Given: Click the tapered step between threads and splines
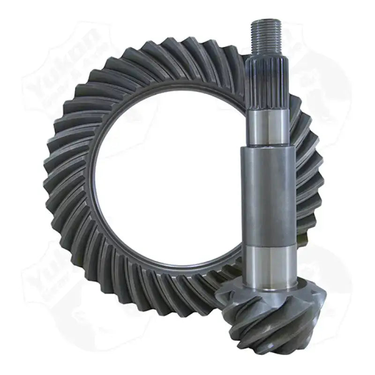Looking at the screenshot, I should pyautogui.click(x=264, y=55).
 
